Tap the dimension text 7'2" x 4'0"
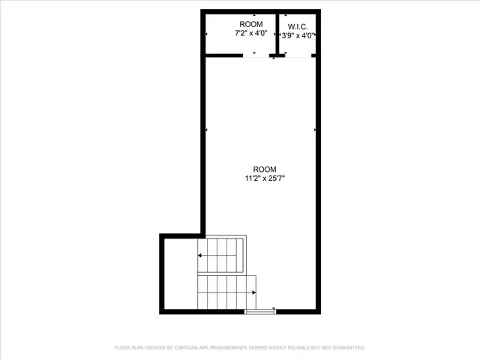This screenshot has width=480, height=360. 250,34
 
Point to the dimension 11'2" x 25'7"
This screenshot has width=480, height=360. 265,178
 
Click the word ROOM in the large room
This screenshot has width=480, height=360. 265,169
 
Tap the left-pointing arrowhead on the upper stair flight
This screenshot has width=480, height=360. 200,256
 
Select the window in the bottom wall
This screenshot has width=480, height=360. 260,310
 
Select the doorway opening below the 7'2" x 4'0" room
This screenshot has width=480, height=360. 257,55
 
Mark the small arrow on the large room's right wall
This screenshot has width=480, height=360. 315,130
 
